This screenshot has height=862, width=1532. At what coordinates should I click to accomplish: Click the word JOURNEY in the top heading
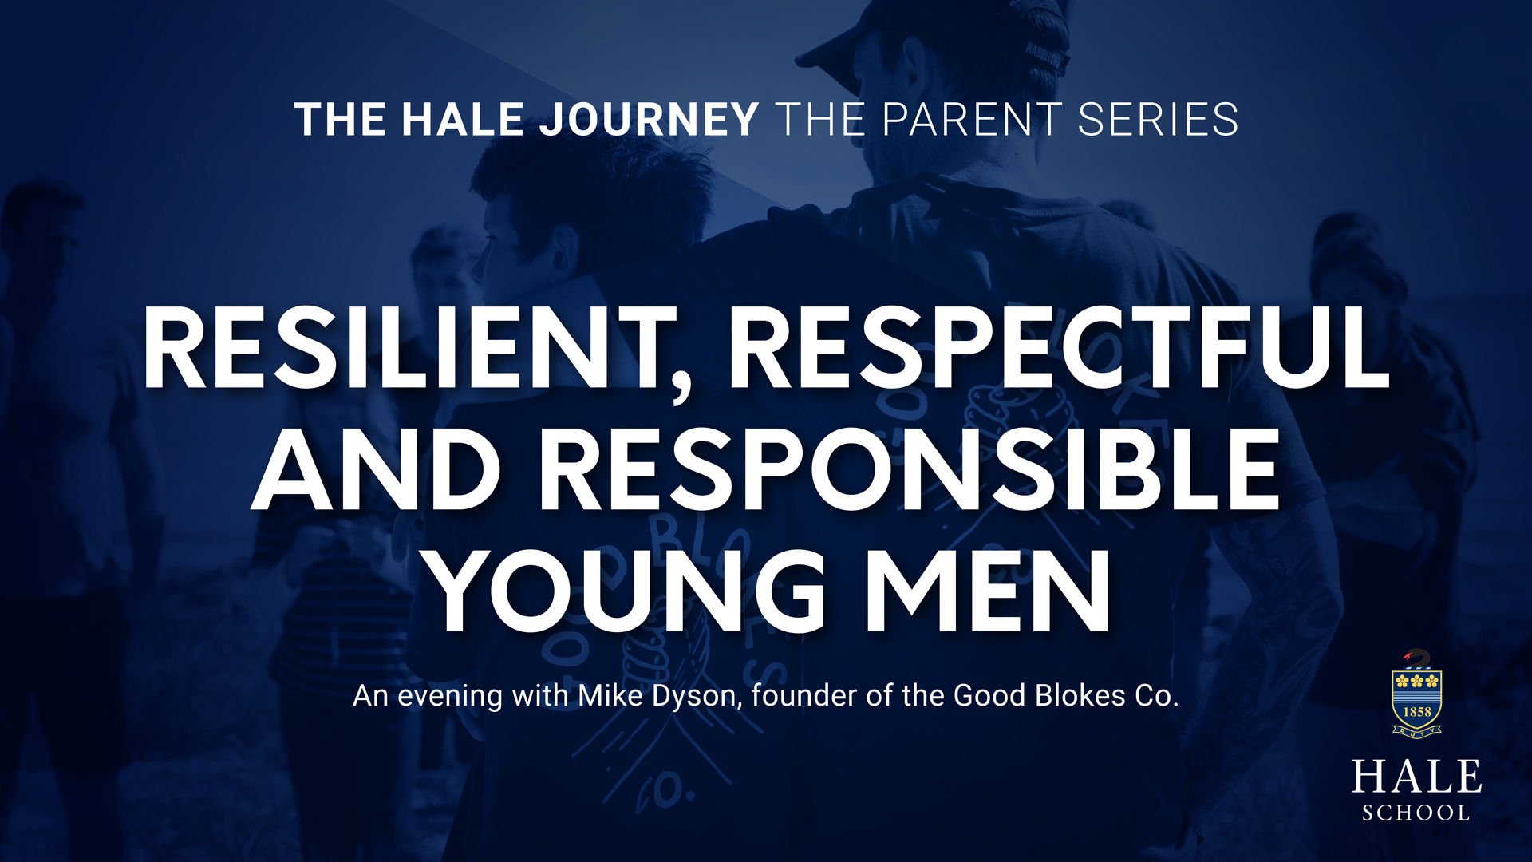649,120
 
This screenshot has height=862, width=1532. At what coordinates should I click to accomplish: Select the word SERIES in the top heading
1158,120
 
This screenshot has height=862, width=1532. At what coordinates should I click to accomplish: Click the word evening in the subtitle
450,697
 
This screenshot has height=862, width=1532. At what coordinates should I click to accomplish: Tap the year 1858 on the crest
1417,711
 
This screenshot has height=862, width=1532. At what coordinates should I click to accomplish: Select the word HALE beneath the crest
1416,777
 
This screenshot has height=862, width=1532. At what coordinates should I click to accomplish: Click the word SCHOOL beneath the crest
1416,813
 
